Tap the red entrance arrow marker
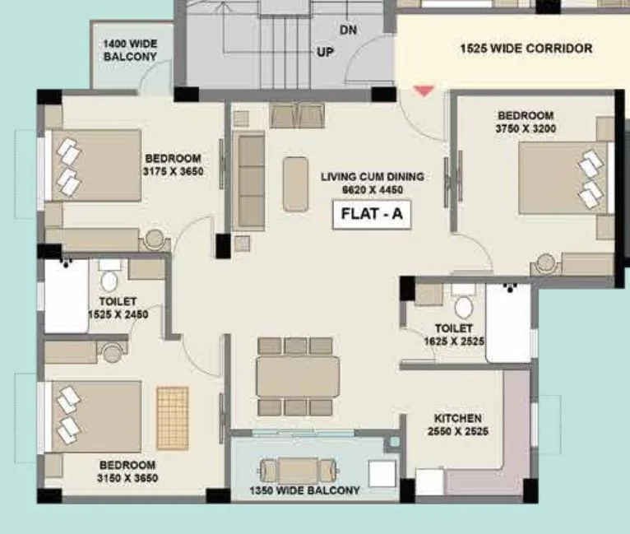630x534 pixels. (423, 90)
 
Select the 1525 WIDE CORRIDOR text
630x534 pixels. (525, 49)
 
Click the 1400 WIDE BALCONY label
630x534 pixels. (129, 50)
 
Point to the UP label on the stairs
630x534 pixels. (326, 51)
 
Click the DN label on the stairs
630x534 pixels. (348, 30)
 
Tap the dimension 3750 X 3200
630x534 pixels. (524, 129)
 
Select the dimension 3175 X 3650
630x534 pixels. (174, 171)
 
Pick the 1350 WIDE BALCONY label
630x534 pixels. (305, 490)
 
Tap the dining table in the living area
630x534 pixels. (297, 376)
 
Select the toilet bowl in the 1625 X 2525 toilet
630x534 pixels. (465, 305)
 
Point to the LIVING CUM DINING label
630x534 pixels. (372, 176)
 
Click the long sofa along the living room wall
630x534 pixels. (248, 179)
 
